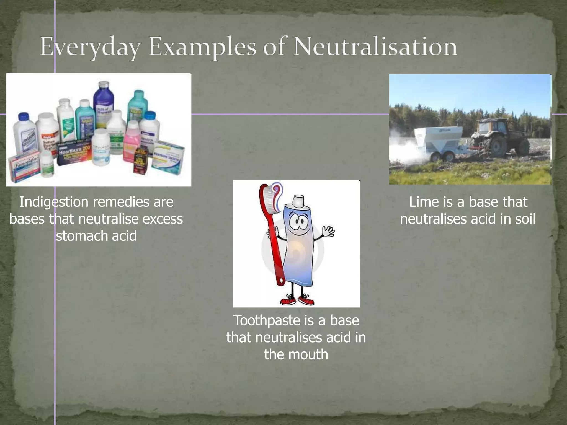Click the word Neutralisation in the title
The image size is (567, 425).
[375, 47]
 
